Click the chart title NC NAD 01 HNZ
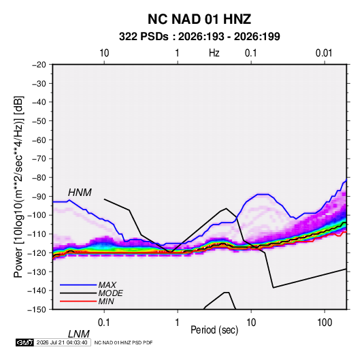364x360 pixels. pyautogui.click(x=199, y=19)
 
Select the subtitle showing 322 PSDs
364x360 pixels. pyautogui.click(x=199, y=37)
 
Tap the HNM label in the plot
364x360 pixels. pyautogui.click(x=80, y=193)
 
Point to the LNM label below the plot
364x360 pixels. pyautogui.click(x=78, y=334)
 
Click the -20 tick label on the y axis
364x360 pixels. pyautogui.click(x=39, y=65)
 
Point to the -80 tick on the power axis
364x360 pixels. pyautogui.click(x=39, y=178)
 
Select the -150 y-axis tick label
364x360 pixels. pyautogui.click(x=37, y=310)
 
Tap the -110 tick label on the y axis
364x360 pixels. pyautogui.click(x=37, y=234)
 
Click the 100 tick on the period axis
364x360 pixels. pyautogui.click(x=325, y=323)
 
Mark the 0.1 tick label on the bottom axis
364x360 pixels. pyautogui.click(x=103, y=323)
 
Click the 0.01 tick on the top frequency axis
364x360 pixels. pyautogui.click(x=324, y=53)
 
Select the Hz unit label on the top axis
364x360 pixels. pyautogui.click(x=214, y=53)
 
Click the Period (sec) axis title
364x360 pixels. pyautogui.click(x=214, y=330)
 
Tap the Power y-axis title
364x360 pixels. pyautogui.click(x=18, y=187)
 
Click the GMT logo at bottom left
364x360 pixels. pyautogui.click(x=24, y=342)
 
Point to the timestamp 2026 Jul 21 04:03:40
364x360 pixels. pyautogui.click(x=62, y=342)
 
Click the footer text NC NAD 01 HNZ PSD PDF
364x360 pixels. pyautogui.click(x=124, y=342)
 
